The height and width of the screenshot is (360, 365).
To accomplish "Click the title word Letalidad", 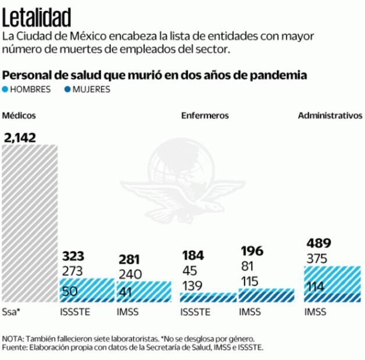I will (x=37, y=17).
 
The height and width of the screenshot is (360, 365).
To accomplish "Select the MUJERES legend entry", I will (x=88, y=89).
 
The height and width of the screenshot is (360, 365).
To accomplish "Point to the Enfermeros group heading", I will (x=205, y=116).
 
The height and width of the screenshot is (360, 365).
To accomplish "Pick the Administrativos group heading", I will (x=330, y=116).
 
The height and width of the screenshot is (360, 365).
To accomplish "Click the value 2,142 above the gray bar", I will (x=20, y=138).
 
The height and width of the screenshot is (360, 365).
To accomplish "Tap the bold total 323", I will (x=73, y=256).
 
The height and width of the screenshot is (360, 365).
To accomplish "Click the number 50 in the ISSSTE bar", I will (x=70, y=291).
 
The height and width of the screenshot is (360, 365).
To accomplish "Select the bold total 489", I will (x=319, y=243).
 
